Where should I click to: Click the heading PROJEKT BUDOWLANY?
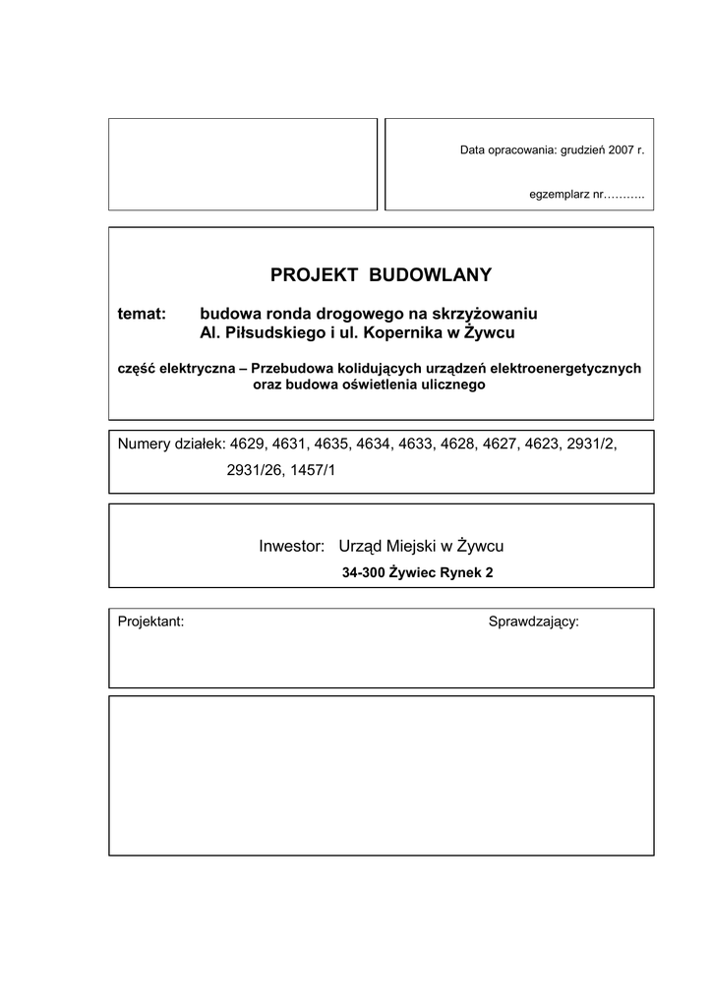381,274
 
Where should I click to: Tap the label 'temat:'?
143,314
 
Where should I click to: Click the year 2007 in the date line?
618,150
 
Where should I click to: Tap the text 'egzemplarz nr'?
565,195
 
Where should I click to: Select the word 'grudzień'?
582,150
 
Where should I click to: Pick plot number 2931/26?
255,471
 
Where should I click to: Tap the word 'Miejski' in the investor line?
411,546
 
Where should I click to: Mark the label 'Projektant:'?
150,622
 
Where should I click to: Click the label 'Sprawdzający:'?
534,622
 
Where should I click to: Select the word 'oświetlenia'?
374,385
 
